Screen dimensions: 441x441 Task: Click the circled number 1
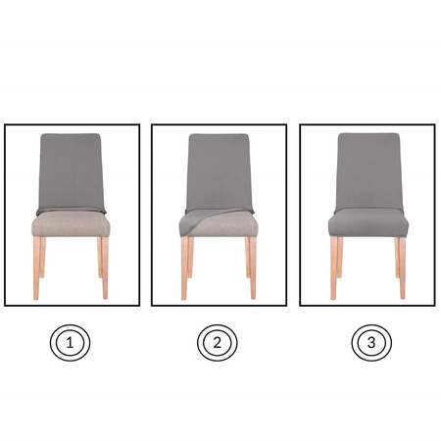(70, 343)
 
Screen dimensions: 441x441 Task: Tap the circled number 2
(218, 343)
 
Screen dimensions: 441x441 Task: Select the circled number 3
(371, 343)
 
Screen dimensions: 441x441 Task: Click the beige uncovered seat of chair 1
(71, 224)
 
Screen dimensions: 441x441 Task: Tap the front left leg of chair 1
(36, 268)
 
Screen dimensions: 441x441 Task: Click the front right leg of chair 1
(105, 268)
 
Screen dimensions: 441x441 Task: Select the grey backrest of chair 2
(220, 172)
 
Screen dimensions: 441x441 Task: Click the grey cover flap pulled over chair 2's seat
(199, 220)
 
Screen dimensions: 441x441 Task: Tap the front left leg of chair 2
(184, 268)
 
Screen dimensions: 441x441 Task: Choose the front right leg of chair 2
(253, 268)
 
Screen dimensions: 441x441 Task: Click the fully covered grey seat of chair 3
(368, 222)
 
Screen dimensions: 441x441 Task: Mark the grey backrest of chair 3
(368, 171)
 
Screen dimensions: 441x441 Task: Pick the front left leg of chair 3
(334, 268)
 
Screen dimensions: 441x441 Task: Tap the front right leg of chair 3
(402, 268)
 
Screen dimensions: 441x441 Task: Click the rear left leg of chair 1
(42, 258)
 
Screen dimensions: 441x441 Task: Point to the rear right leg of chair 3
(397, 258)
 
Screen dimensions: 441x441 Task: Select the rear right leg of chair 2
(248, 258)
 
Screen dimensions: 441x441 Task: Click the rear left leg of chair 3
(340, 258)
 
